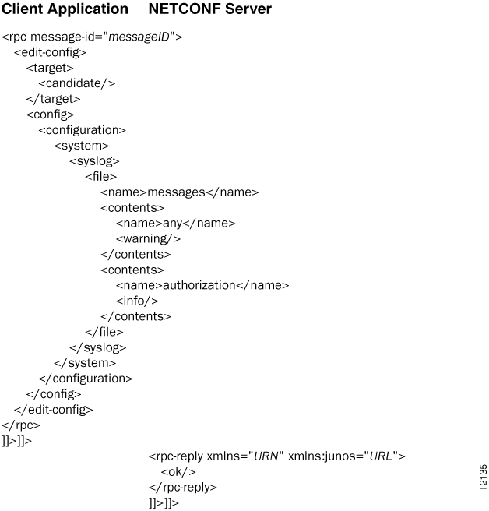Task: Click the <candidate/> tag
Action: (77, 83)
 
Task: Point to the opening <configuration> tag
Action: (82, 130)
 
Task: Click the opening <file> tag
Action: (100, 177)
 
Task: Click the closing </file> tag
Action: (104, 332)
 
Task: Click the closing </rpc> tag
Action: (21, 425)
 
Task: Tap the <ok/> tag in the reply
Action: (178, 472)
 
